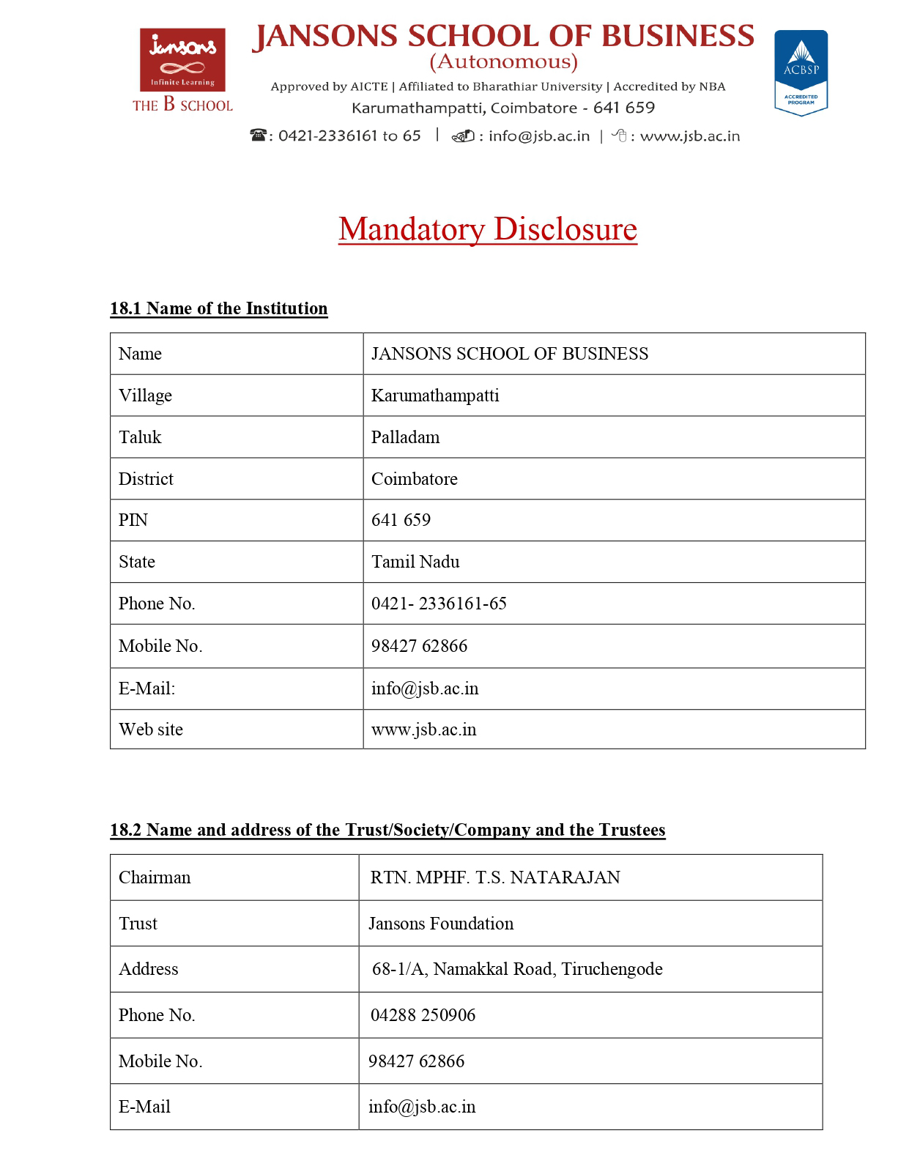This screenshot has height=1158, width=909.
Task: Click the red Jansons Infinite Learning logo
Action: click(x=182, y=60)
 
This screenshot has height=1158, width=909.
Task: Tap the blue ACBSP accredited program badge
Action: click(x=801, y=72)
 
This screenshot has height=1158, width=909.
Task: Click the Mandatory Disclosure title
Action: click(x=488, y=229)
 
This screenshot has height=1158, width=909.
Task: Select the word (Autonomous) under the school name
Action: click(x=503, y=62)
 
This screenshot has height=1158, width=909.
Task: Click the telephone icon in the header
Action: click(x=258, y=136)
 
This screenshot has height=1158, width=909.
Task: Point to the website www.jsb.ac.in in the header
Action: click(x=689, y=136)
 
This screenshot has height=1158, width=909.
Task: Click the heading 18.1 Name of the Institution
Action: click(x=219, y=308)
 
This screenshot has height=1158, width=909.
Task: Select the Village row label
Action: click(x=145, y=396)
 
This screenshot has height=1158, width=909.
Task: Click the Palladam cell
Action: click(x=405, y=437)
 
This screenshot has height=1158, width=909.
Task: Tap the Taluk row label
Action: click(x=140, y=437)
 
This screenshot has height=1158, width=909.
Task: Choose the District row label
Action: click(x=146, y=479)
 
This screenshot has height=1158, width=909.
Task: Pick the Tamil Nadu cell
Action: click(x=415, y=562)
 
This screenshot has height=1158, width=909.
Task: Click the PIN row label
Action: click(x=133, y=520)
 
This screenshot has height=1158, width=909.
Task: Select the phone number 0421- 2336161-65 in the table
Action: click(x=439, y=604)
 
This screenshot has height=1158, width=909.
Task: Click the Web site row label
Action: click(x=151, y=730)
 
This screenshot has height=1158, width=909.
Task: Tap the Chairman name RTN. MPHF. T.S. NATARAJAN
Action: click(x=495, y=877)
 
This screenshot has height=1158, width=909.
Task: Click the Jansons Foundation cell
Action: click(x=441, y=924)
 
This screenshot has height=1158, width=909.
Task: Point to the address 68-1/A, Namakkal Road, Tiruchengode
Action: click(x=517, y=969)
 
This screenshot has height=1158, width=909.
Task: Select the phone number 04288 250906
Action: click(x=423, y=1015)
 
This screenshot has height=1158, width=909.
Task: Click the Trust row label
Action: click(x=138, y=924)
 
